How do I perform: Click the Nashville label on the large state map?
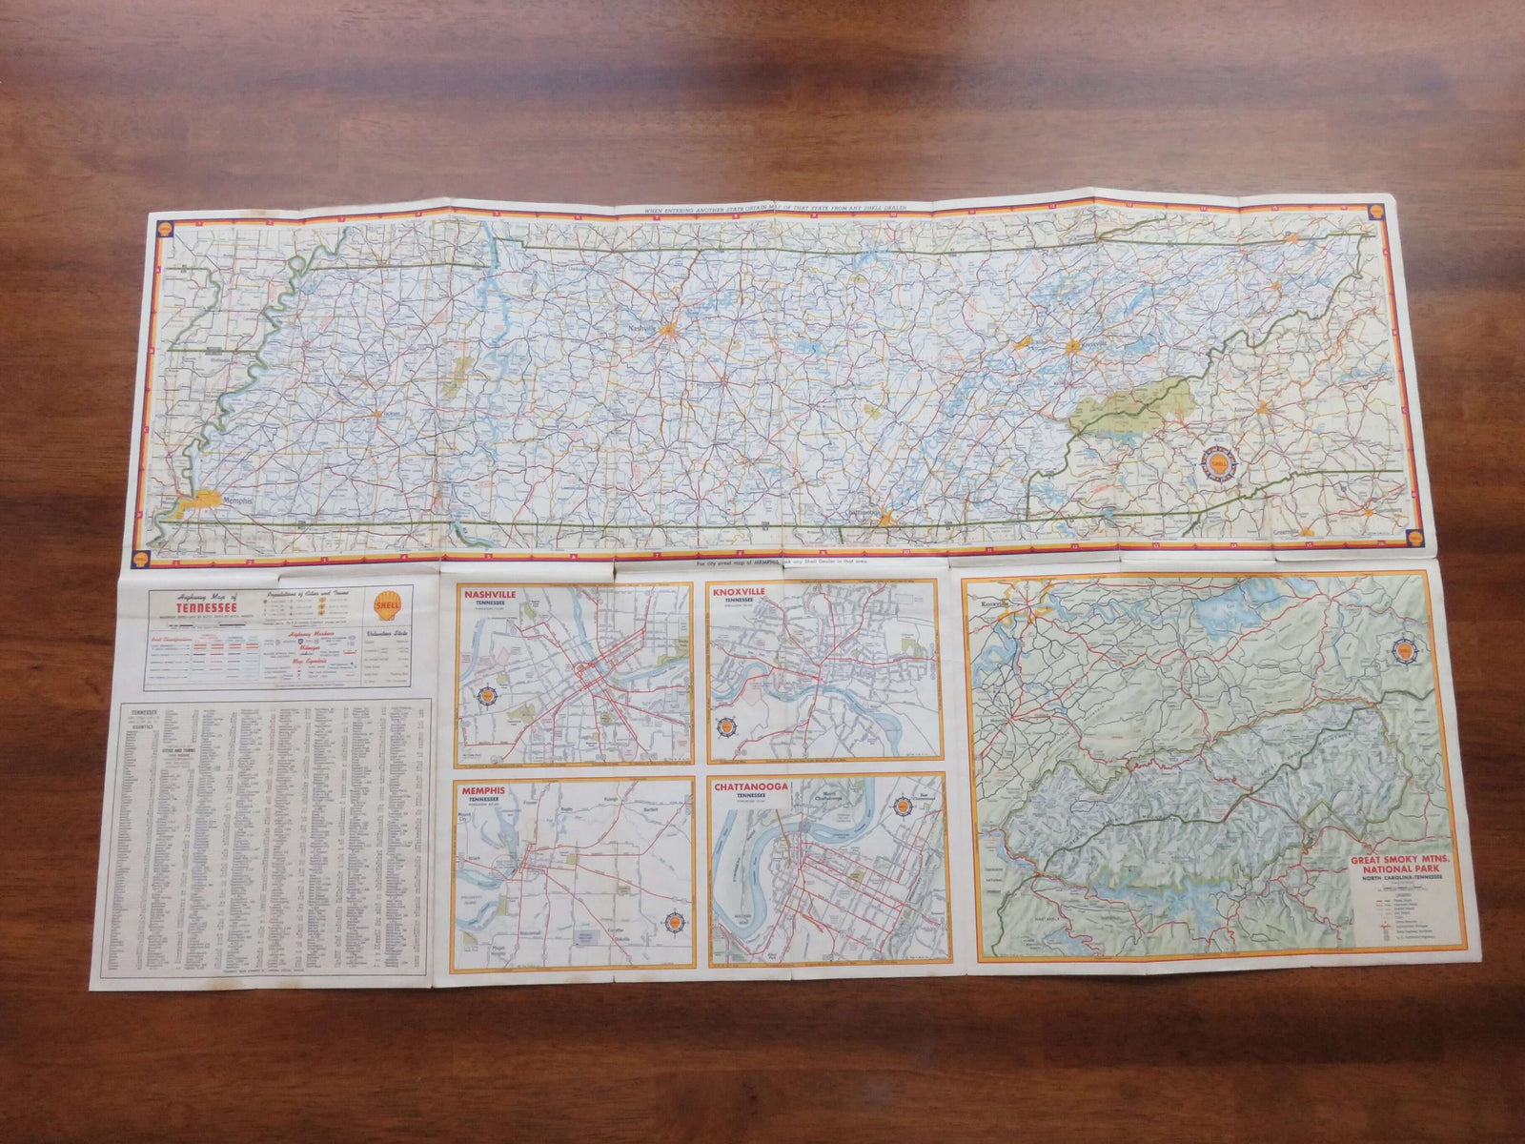pos(641,327)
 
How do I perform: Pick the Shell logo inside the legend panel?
pos(387,607)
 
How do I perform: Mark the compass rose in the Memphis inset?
pos(671,920)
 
